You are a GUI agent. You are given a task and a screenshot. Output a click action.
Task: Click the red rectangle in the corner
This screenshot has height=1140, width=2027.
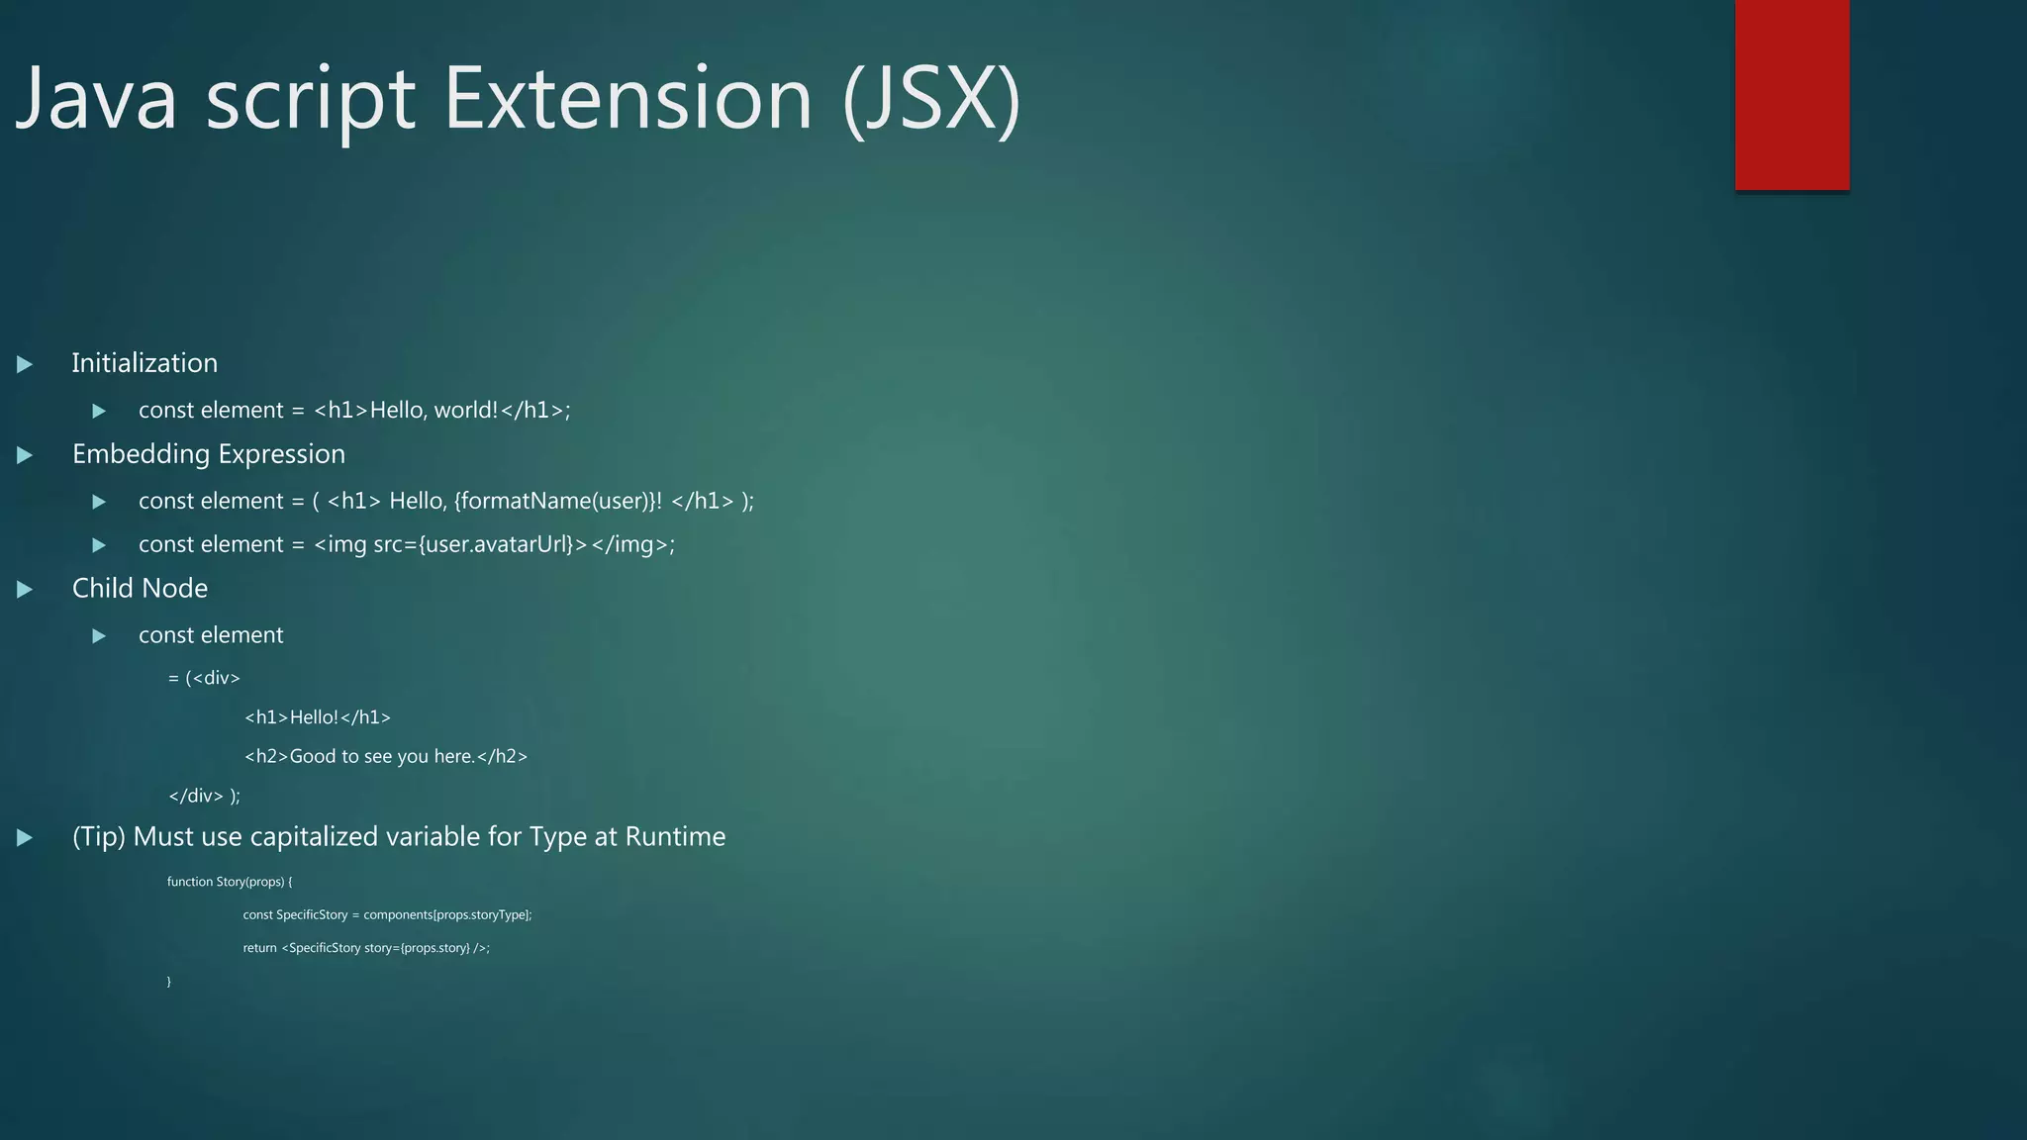[1791, 94]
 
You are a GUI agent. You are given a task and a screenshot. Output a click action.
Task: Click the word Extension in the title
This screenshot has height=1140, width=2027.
[627, 99]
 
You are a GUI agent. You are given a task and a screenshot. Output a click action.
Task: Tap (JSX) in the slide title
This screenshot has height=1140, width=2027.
[931, 99]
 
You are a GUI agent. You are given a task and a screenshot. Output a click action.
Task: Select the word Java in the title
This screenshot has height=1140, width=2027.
[97, 99]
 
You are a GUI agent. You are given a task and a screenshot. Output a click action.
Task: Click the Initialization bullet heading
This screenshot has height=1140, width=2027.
[145, 363]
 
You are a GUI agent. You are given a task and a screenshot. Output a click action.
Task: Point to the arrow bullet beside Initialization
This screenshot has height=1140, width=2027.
[25, 364]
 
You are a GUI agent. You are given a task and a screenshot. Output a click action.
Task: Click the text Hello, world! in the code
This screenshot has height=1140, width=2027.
[434, 410]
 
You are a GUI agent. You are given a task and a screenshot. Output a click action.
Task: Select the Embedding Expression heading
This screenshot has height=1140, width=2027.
[209, 454]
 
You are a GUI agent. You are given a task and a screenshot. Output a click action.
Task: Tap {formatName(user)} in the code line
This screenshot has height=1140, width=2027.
[553, 501]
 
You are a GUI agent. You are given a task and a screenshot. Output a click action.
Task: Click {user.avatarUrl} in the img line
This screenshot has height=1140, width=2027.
[496, 544]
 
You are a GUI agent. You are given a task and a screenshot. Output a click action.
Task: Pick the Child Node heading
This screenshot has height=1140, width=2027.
[140, 589]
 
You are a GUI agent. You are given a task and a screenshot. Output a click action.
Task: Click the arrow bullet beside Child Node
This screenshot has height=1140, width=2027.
[25, 590]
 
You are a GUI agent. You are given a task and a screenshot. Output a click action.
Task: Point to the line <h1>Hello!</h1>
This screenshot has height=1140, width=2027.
[317, 717]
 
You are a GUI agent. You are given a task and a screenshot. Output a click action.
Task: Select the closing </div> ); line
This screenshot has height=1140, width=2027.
[204, 796]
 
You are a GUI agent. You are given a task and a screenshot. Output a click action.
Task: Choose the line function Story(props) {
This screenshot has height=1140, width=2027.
[230, 882]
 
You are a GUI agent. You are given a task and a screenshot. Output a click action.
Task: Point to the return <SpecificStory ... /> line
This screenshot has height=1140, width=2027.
[366, 948]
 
